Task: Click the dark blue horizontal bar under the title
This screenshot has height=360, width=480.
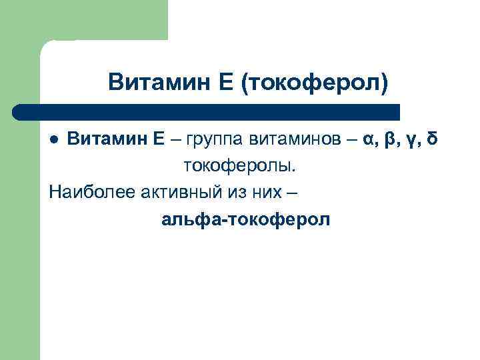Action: pyautogui.click(x=207, y=111)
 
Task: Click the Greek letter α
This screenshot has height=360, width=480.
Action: pyautogui.click(x=369, y=140)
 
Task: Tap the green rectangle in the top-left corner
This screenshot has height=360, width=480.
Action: pyautogui.click(x=100, y=19)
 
